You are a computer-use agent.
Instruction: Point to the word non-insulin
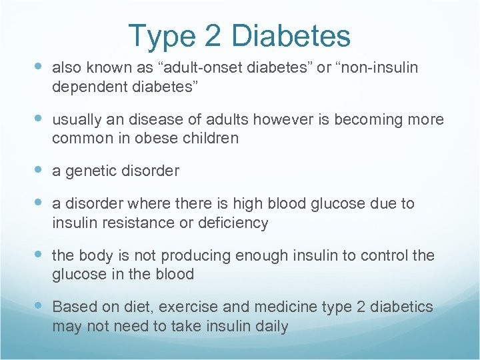pos(377,67)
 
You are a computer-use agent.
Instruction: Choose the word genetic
pos(90,171)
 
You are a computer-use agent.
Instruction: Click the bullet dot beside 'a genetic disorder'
pos(39,171)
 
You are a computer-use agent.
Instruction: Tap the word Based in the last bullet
pos(74,307)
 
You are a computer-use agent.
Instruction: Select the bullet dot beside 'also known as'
pos(39,67)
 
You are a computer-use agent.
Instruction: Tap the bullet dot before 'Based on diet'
pos(39,307)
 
